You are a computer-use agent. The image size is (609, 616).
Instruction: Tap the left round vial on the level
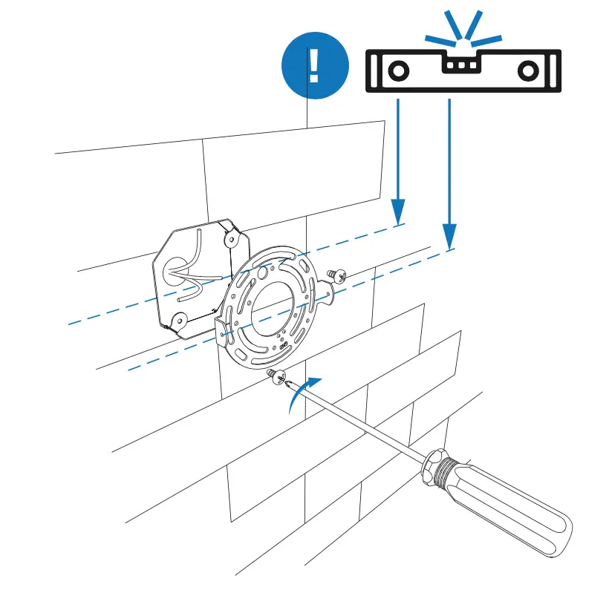(x=397, y=71)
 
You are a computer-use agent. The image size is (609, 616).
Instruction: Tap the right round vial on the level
(x=527, y=71)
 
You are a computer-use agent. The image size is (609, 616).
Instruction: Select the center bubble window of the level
(x=462, y=65)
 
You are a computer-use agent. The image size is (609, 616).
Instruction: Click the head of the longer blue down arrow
(x=449, y=237)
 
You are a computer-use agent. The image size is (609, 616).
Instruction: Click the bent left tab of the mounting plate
(x=221, y=327)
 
